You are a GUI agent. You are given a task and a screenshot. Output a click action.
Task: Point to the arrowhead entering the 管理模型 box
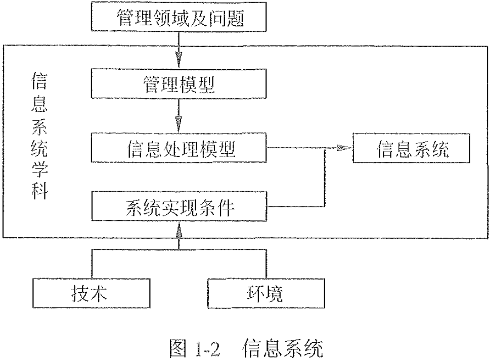point(179,62)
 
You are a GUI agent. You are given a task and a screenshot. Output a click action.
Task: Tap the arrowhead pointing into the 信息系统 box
point(346,147)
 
